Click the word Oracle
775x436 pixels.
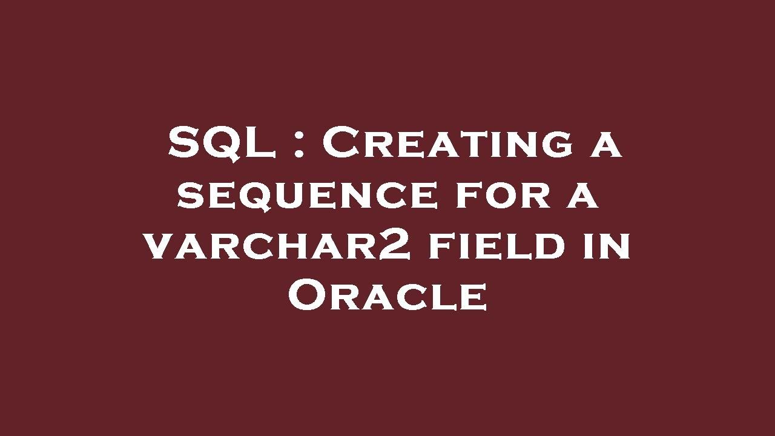point(387,297)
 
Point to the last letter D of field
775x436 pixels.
point(548,247)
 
